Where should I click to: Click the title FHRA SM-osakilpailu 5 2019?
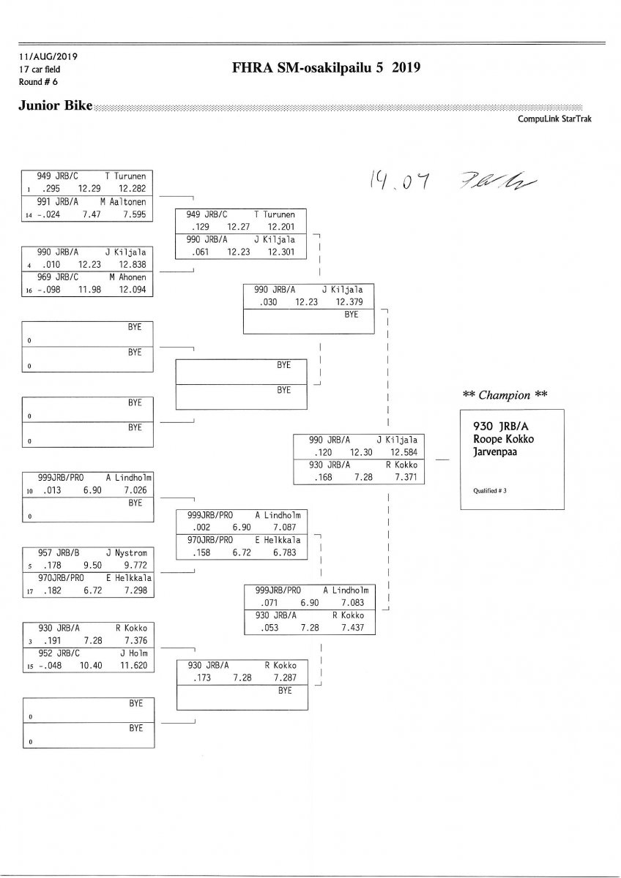click(325, 69)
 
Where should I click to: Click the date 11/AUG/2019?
click(49, 56)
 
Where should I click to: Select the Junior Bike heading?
click(56, 106)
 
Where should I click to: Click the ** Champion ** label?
click(505, 395)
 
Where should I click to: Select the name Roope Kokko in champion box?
click(503, 440)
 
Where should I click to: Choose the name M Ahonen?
click(128, 278)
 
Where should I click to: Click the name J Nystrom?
click(127, 552)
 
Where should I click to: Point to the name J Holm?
click(133, 653)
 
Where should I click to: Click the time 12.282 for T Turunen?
click(135, 189)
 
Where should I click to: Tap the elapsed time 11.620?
click(134, 666)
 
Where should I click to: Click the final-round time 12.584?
click(404, 452)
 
